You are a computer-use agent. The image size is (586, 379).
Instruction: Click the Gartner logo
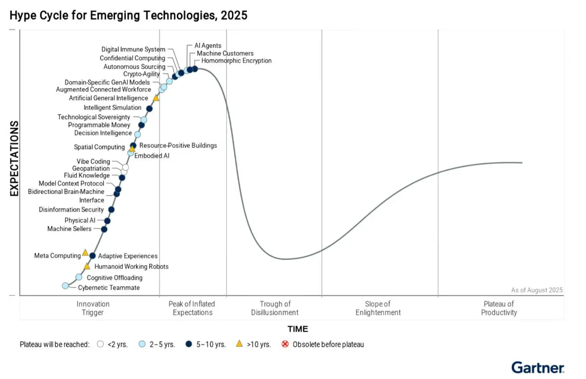[537, 368]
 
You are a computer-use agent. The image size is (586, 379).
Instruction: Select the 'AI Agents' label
[208, 46]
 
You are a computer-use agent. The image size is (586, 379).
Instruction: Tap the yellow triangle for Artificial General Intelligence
[156, 98]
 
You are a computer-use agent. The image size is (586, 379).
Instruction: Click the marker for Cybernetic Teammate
[65, 286]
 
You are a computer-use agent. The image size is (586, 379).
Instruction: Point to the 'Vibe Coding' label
[93, 161]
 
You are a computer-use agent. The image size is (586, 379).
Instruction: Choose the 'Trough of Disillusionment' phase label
[275, 308]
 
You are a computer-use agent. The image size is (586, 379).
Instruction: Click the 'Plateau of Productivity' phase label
[499, 308]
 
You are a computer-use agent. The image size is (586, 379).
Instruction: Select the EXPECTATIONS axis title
[14, 159]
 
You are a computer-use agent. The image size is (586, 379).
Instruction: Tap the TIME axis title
[298, 329]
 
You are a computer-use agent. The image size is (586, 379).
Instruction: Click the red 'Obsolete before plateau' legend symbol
[285, 344]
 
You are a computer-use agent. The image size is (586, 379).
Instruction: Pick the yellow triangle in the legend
[239, 344]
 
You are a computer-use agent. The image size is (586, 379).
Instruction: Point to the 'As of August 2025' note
[537, 290]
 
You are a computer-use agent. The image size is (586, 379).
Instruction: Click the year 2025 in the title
[234, 15]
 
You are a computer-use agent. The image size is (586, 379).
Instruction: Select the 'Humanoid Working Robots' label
[131, 267]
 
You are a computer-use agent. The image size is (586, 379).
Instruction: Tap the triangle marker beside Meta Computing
[85, 253]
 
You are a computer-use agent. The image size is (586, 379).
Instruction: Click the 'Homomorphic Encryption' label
[236, 60]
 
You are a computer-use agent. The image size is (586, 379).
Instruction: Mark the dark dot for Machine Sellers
[104, 229]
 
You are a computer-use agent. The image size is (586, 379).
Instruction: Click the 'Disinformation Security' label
[71, 209]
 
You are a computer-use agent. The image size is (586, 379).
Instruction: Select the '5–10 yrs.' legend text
[211, 345]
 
